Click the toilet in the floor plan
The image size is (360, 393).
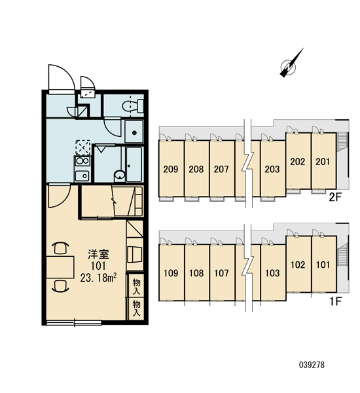[x=133, y=106]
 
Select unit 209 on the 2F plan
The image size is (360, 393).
[x=171, y=169]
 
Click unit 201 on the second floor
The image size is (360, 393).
[x=323, y=161]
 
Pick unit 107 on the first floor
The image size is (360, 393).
[x=222, y=272]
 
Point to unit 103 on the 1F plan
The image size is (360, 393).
[x=273, y=272]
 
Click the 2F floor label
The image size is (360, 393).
[x=335, y=198]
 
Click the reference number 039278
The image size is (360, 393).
[x=312, y=365]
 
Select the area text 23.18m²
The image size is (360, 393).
[x=98, y=278]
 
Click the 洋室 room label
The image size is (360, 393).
[x=98, y=254]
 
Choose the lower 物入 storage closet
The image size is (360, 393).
[x=136, y=309]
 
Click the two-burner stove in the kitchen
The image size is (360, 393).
[x=82, y=161]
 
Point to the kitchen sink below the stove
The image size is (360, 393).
[x=82, y=176]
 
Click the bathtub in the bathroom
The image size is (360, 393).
[x=134, y=164]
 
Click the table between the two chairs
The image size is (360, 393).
[x=60, y=267]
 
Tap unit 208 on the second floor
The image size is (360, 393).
[x=196, y=169]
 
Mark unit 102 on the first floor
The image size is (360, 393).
[x=298, y=265]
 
